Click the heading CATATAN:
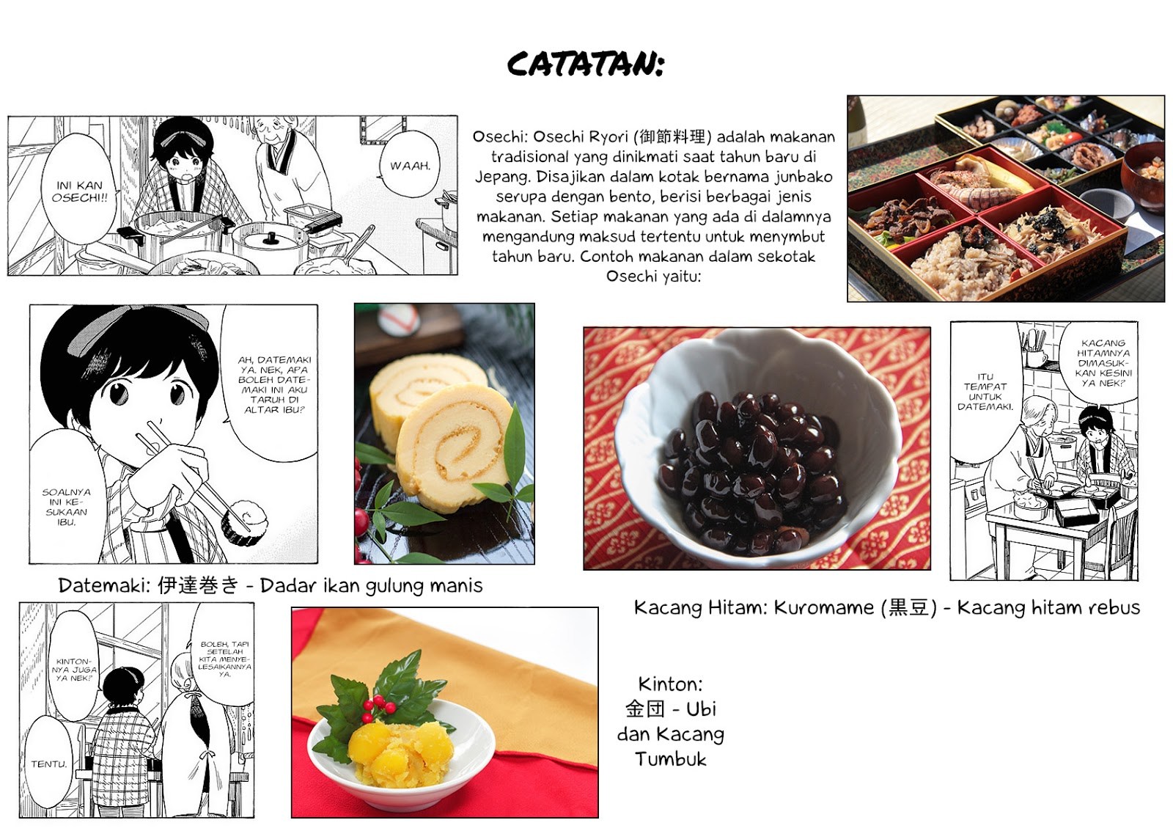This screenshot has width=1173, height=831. [586, 65]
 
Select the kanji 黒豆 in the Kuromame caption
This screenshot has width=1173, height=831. [908, 607]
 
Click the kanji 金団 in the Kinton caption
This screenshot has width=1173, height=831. [645, 709]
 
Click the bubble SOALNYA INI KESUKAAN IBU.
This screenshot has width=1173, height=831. [65, 498]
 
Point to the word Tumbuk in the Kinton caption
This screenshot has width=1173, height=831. [671, 759]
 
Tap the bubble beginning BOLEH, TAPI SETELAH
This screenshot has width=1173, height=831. [224, 658]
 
